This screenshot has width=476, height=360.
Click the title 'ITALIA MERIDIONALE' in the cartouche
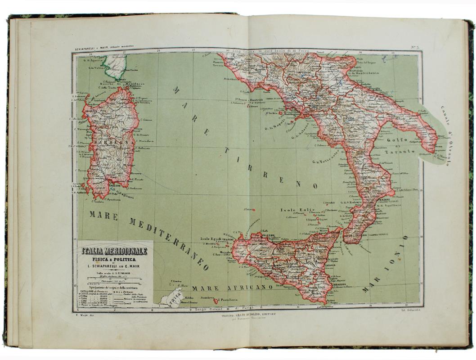click(115, 251)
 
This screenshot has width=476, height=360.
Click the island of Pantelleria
click(216, 301)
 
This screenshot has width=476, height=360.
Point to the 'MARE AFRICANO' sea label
click(232, 287)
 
